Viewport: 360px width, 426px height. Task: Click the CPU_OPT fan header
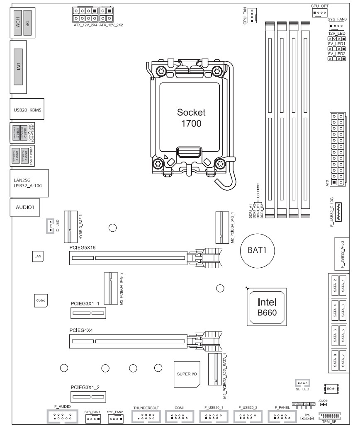click(x=319, y=13)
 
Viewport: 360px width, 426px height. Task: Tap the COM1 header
click(x=180, y=417)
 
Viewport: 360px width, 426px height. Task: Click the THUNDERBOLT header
click(x=146, y=417)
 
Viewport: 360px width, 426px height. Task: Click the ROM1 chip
click(x=331, y=389)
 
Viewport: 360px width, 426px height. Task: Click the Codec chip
click(x=41, y=300)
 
